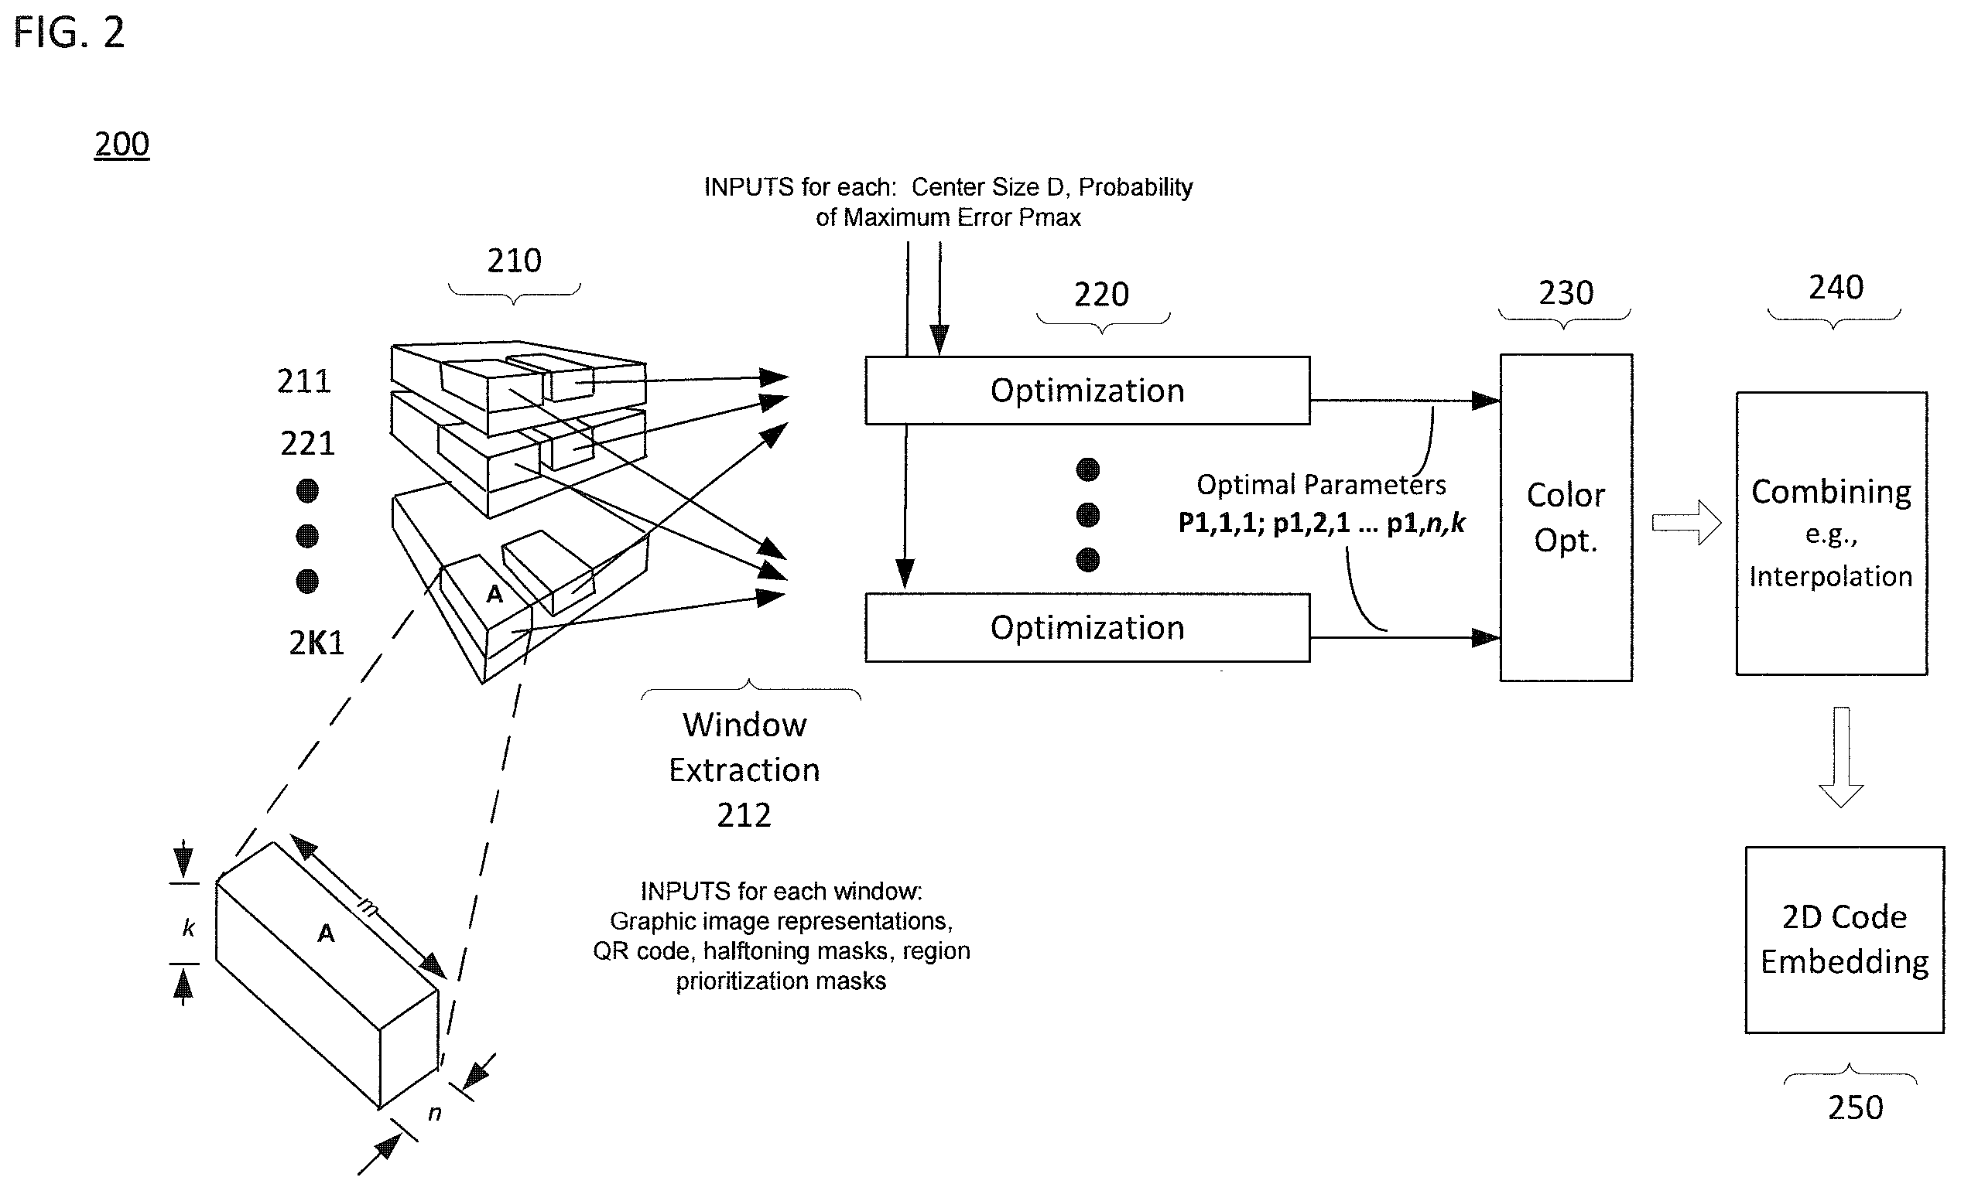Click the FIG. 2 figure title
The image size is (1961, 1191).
tap(69, 33)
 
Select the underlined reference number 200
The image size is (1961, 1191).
tap(121, 144)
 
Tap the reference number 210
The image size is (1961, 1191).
tap(514, 260)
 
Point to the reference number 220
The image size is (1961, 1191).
tap(1101, 295)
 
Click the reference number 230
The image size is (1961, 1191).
tap(1566, 293)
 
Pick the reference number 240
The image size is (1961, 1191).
tap(1836, 287)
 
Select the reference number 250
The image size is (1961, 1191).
tap(1855, 1107)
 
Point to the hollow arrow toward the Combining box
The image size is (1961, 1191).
tap(1686, 523)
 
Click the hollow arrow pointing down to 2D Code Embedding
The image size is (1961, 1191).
tap(1841, 756)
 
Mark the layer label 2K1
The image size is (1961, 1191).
tap(316, 643)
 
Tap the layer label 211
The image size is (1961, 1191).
tap(303, 381)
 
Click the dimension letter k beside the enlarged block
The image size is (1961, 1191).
tap(189, 927)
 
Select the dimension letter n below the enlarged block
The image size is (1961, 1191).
tap(435, 1113)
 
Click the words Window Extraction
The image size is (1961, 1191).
tap(745, 747)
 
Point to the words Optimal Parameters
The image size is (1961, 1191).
tap(1321, 484)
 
